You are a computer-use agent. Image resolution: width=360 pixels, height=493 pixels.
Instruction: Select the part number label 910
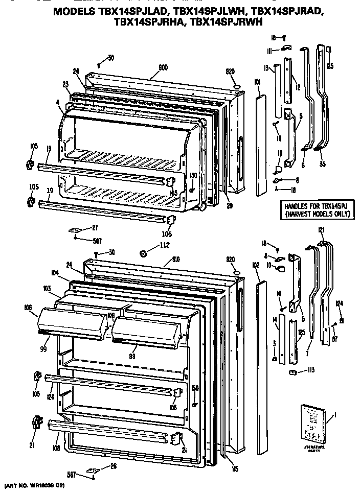point(166,252)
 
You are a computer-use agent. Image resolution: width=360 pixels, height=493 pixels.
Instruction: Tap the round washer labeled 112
point(143,253)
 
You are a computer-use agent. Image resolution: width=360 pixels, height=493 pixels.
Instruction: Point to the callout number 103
point(47,289)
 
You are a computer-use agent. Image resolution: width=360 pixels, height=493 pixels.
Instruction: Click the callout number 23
point(66,84)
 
